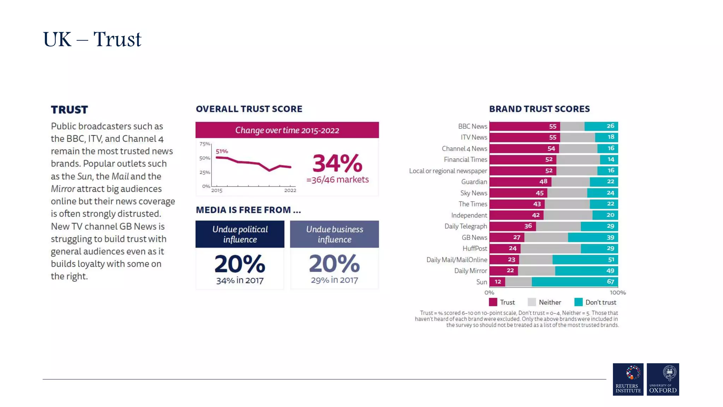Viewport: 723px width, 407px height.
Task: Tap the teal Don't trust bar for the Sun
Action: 574,282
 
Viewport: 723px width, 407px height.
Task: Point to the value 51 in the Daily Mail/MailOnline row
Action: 611,260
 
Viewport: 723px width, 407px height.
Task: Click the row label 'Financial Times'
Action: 465,160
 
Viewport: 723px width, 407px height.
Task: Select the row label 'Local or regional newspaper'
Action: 448,171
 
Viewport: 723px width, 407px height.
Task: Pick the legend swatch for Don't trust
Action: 578,302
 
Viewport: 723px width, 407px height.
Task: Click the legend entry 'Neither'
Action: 550,302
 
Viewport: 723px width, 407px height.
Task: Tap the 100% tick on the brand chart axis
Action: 617,293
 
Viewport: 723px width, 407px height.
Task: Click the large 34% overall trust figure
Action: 337,163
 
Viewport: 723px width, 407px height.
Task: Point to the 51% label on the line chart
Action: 222,151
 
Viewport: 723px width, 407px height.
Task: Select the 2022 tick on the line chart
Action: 290,190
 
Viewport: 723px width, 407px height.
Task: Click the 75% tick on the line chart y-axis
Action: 205,144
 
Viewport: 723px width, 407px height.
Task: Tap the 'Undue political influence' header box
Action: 240,234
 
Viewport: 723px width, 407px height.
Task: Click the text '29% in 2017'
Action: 334,280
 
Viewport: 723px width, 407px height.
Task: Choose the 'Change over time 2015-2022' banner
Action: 287,130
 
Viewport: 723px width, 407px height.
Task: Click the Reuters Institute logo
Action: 628,379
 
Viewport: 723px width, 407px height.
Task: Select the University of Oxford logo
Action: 663,379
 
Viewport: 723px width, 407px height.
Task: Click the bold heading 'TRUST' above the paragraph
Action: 69,110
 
